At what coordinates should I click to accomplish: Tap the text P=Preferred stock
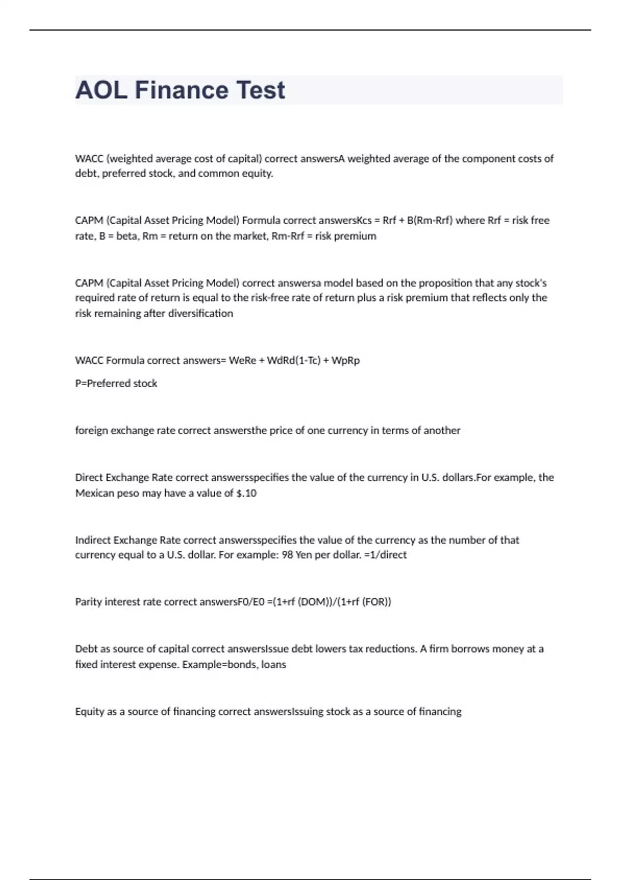116,384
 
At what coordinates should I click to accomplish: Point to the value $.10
246,493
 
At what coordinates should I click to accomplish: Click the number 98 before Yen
287,555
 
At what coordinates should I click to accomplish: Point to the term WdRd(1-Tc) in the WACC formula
293,360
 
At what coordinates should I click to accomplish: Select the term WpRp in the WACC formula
345,360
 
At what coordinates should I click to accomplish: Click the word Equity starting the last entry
89,712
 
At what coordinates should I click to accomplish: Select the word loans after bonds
274,665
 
